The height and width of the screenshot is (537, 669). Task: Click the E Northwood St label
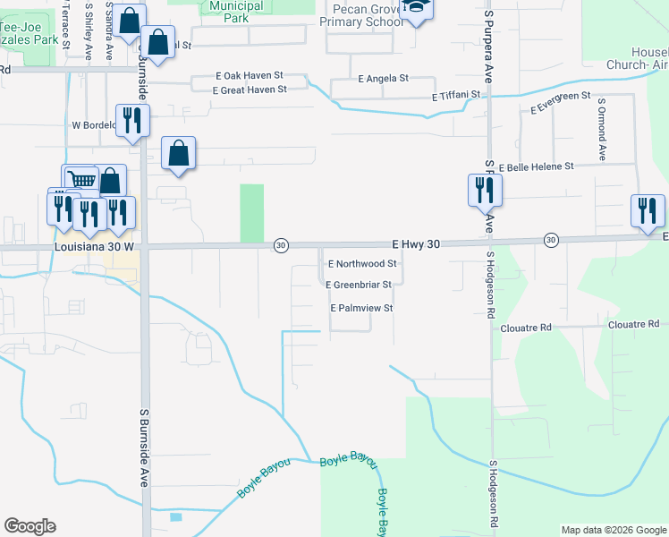coord(362,264)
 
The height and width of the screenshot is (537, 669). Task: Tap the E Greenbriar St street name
coord(359,285)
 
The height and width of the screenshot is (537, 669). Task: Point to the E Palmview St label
coord(362,308)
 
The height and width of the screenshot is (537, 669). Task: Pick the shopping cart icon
coord(80,180)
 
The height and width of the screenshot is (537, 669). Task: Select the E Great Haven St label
coord(250,89)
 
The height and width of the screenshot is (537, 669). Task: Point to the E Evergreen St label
coord(560,102)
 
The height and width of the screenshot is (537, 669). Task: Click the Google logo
coord(30,526)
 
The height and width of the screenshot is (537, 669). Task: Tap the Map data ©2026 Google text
coord(614,530)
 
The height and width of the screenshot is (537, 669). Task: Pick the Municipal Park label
coord(236,12)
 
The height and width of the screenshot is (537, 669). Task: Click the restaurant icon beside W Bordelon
coord(132,119)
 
